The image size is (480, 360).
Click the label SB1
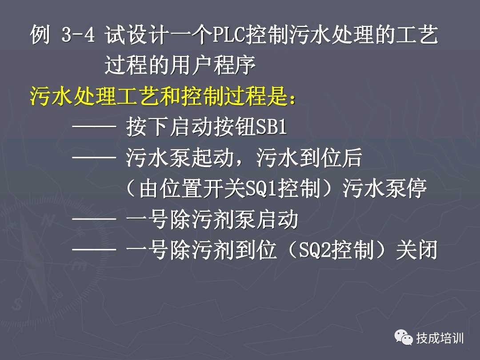click(x=272, y=128)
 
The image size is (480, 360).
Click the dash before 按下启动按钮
click(x=94, y=128)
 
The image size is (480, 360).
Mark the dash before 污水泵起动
click(x=94, y=159)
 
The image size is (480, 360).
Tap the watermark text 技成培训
click(x=440, y=339)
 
